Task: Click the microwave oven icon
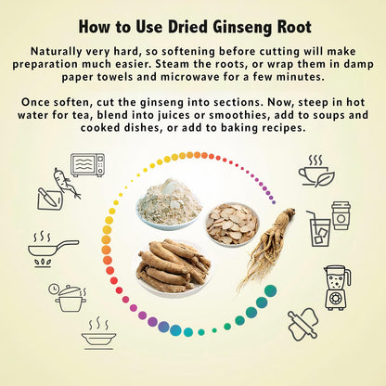coord(87,165)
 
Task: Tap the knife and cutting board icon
coord(50,199)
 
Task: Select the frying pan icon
coord(53,249)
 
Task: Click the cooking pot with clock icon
coord(68,298)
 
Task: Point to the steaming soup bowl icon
coord(98,333)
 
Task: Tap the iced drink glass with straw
coord(318,229)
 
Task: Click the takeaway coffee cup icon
coord(341,215)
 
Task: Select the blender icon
coord(337,288)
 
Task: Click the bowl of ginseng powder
coord(169,204)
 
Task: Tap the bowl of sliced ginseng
coord(232,225)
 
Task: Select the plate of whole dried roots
coord(174,266)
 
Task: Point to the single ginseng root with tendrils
coord(266,248)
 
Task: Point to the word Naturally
coord(56,52)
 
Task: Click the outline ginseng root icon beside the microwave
coord(67,183)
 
